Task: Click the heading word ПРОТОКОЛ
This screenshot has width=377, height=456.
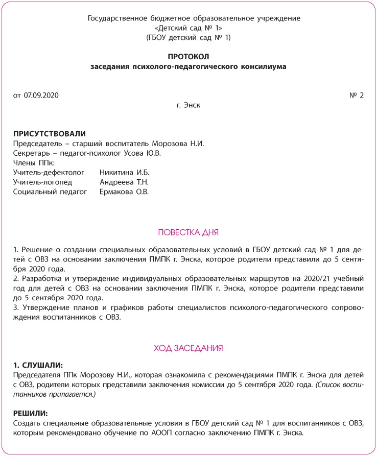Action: point(188,56)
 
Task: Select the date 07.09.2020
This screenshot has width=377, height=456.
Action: point(41,95)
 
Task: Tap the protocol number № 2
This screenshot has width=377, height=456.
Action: point(357,95)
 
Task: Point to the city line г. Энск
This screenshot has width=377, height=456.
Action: point(188,105)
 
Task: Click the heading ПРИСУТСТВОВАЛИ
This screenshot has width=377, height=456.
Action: point(50,133)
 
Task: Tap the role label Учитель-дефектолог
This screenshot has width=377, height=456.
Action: point(49,173)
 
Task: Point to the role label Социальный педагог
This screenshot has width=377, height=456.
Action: point(50,192)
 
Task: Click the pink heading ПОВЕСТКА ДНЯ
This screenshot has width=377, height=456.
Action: point(188,233)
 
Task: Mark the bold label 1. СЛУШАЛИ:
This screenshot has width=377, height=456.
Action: point(38,366)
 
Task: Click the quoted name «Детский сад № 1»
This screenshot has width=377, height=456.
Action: point(188,28)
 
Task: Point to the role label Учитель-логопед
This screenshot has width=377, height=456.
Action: point(43,182)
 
